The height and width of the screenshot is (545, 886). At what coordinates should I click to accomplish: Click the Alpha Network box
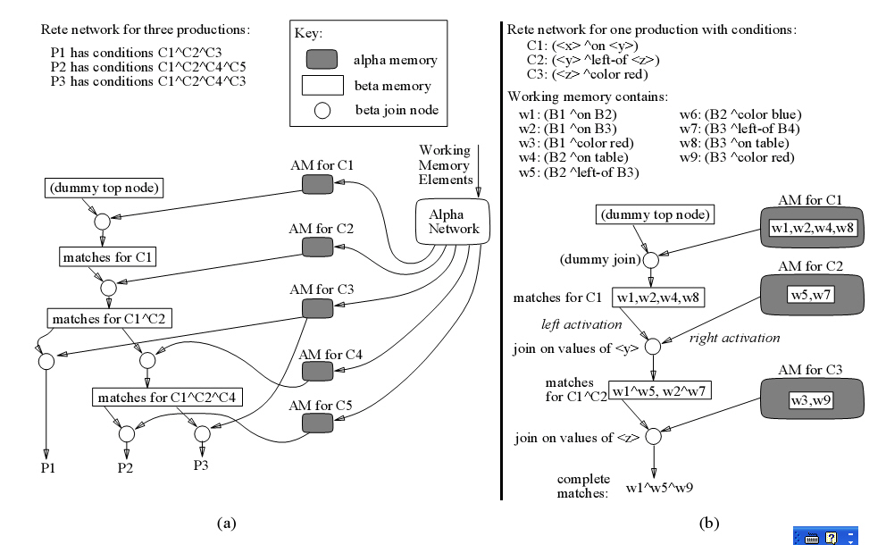click(453, 222)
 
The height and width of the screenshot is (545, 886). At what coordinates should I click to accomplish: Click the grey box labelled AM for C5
click(317, 424)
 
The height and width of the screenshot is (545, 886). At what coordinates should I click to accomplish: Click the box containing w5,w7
click(809, 295)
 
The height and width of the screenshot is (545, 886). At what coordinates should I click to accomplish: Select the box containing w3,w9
click(808, 401)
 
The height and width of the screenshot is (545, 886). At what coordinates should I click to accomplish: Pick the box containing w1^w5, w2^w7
click(659, 390)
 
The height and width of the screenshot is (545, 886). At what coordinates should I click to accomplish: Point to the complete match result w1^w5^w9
click(659, 488)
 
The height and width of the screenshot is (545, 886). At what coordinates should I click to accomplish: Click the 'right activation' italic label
click(733, 338)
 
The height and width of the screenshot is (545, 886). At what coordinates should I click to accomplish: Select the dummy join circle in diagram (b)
click(652, 260)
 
